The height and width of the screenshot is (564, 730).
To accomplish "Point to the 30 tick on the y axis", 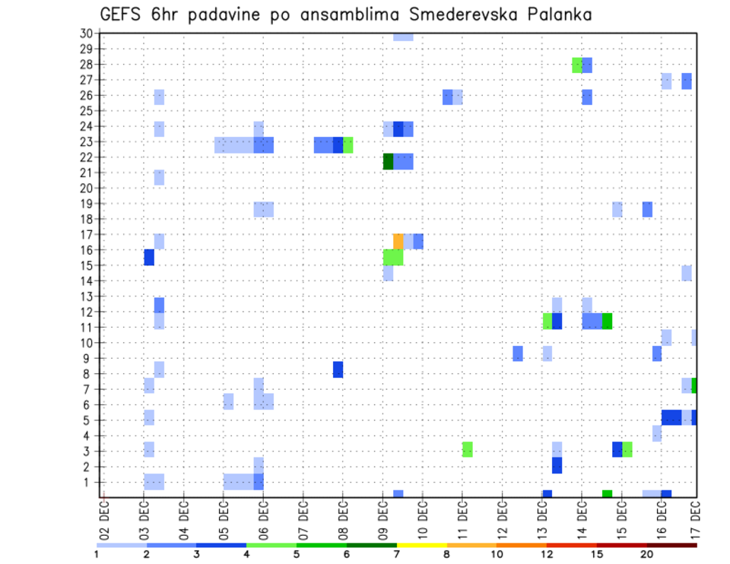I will pyautogui.click(x=86, y=33).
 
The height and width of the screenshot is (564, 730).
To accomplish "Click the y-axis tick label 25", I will pyautogui.click(x=86, y=110).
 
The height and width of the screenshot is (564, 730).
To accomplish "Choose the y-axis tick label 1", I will pyautogui.click(x=89, y=482).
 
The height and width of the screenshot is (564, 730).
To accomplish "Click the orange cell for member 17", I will pyautogui.click(x=398, y=242).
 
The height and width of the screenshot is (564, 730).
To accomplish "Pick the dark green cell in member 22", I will pyautogui.click(x=388, y=161).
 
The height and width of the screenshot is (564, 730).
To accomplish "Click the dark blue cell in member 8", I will pyautogui.click(x=338, y=369).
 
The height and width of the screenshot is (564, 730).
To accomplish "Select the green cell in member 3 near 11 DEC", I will pyautogui.click(x=467, y=449).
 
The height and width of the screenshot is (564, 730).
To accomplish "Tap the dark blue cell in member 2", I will pyautogui.click(x=557, y=465).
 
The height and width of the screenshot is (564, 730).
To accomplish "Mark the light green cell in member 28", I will pyautogui.click(x=577, y=65).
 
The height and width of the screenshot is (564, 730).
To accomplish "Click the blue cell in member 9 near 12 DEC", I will pyautogui.click(x=517, y=353).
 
